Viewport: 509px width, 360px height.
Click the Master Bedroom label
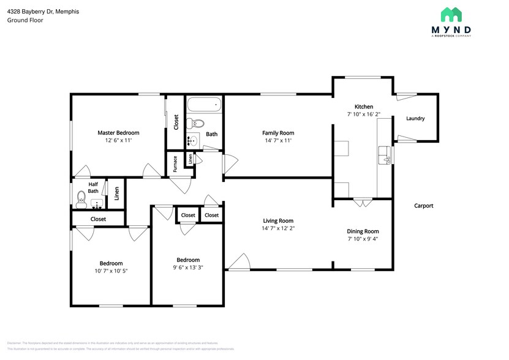(118, 133)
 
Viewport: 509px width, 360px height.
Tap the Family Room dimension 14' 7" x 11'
(278, 140)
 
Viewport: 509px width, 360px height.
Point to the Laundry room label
(415, 119)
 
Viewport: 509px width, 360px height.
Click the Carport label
(423, 206)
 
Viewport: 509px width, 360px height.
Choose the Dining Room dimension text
(363, 239)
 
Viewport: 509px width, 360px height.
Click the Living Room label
(278, 221)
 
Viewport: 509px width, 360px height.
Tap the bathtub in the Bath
(204, 105)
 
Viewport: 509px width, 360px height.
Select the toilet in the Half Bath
(81, 198)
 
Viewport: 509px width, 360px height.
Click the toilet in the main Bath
(191, 122)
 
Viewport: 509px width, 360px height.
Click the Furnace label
(175, 164)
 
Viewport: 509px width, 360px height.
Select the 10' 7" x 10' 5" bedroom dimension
(111, 271)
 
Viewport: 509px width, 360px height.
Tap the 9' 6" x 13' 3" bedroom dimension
(188, 267)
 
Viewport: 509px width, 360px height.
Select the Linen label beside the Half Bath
(117, 193)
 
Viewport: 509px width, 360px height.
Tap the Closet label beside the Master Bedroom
(176, 122)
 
